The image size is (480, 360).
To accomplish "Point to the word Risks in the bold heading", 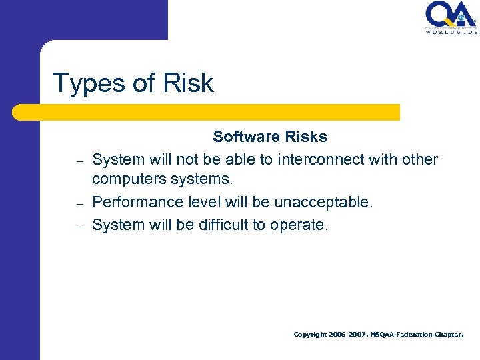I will (305, 137).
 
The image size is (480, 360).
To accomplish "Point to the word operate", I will (299, 225).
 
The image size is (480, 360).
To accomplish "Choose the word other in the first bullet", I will (420, 159).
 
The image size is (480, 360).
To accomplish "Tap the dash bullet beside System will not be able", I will (79, 161).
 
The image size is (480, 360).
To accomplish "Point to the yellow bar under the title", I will (207, 112).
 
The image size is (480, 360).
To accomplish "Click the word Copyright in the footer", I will (311, 334).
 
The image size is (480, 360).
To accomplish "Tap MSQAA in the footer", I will (383, 334).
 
